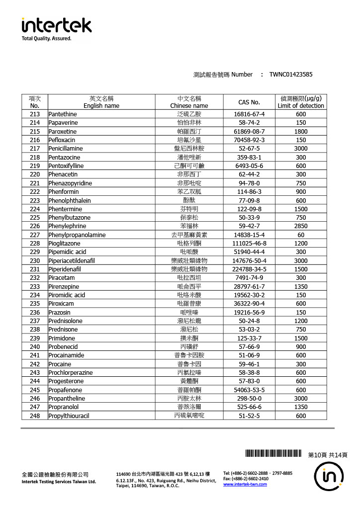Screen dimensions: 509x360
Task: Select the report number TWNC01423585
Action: [291, 75]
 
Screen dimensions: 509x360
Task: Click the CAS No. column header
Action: [249, 102]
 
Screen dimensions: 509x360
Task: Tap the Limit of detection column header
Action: [301, 102]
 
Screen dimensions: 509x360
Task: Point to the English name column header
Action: [101, 102]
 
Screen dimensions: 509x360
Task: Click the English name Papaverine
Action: [62, 122]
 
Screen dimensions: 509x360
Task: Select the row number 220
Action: [35, 174]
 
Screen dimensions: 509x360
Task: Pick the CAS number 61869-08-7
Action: [249, 131]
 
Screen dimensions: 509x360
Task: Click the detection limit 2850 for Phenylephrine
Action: [301, 226]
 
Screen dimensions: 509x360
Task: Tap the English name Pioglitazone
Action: [64, 243]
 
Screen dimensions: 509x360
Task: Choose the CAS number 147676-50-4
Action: [249, 260]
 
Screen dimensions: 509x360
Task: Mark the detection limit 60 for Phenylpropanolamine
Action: [301, 235]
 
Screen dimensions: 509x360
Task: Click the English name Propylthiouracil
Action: [69, 416]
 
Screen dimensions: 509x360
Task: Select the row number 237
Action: [35, 321]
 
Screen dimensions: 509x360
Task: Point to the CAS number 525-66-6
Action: [249, 407]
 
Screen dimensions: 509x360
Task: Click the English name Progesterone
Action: [66, 381]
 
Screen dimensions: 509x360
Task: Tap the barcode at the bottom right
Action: [273, 453]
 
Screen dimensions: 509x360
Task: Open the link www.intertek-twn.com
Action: [245, 484]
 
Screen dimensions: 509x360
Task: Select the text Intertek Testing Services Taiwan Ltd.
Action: [59, 482]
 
